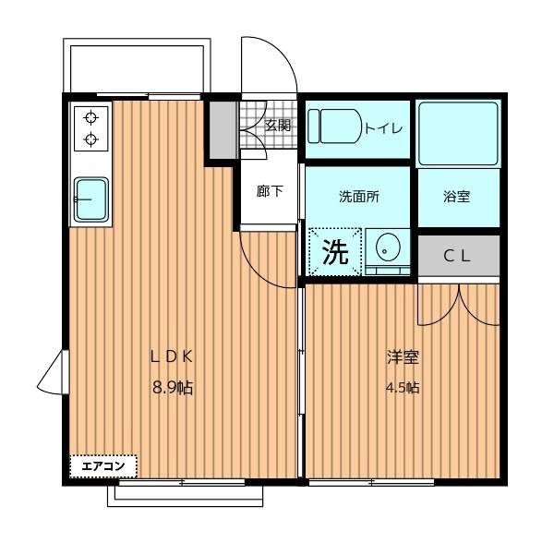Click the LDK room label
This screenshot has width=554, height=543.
pyautogui.click(x=172, y=356)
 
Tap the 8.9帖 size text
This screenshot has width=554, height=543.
pyautogui.click(x=173, y=388)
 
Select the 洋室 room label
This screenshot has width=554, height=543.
pyautogui.click(x=403, y=356)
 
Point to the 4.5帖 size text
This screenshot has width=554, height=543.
pyautogui.click(x=403, y=388)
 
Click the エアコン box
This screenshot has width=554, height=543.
pyautogui.click(x=103, y=466)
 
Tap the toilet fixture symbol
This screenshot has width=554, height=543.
pyautogui.click(x=334, y=127)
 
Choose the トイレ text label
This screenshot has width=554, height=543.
pyautogui.click(x=383, y=127)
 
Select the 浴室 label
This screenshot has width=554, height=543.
pyautogui.click(x=456, y=197)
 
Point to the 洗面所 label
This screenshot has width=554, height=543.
pyautogui.click(x=359, y=197)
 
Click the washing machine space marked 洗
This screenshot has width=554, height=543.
pyautogui.click(x=335, y=252)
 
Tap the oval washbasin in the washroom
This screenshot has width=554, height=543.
pyautogui.click(x=388, y=247)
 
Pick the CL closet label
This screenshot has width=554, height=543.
pyautogui.click(x=457, y=256)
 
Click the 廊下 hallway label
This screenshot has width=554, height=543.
pyautogui.click(x=270, y=191)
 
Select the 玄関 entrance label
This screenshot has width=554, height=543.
pyautogui.click(x=278, y=125)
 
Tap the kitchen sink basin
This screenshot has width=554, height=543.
pyautogui.click(x=91, y=199)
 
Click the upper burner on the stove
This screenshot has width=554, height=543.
pyautogui.click(x=91, y=117)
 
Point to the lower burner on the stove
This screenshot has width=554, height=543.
pyautogui.click(x=91, y=139)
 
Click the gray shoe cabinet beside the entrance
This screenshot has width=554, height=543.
pyautogui.click(x=223, y=130)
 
